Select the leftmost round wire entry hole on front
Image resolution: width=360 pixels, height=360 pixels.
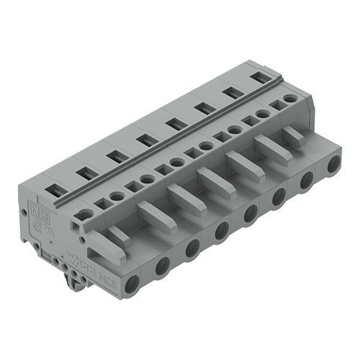click(132, 284)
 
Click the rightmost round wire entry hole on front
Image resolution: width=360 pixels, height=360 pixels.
click(333, 165)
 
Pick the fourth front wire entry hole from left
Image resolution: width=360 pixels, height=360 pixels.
click(222, 231)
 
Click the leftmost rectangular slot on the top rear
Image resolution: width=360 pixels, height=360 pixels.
click(55, 190)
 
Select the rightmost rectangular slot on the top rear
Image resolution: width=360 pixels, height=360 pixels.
click(257, 76)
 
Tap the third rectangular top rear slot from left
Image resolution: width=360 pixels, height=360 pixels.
click(114, 156)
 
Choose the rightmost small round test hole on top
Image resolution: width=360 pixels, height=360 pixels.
click(289, 98)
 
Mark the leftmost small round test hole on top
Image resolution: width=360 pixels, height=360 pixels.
click(86, 214)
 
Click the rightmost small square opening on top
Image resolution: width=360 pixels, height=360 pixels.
click(275, 105)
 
